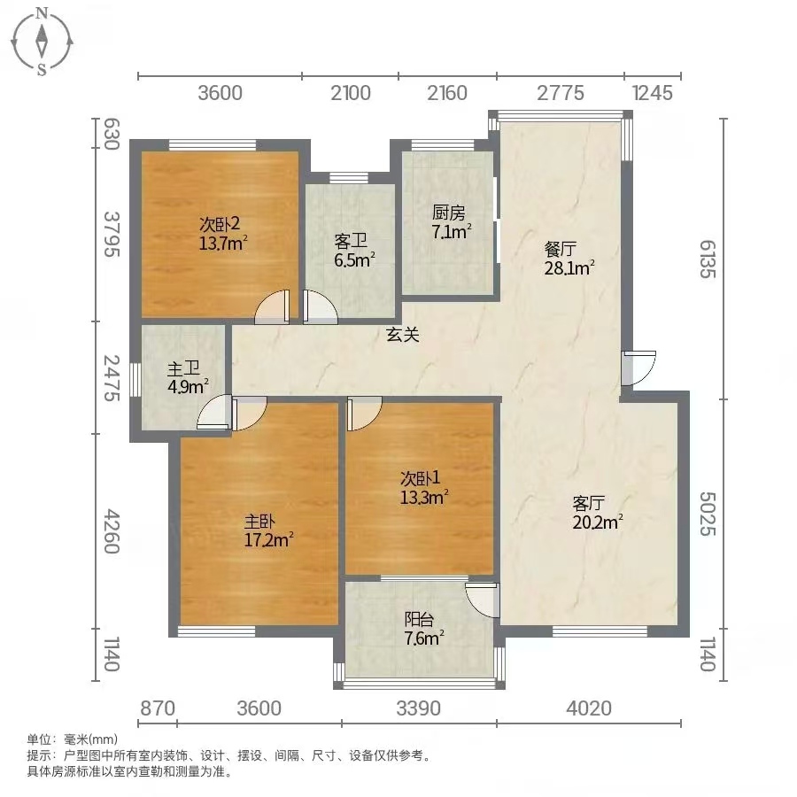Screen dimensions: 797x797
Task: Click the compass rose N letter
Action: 43,13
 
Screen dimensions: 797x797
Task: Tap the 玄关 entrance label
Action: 403,335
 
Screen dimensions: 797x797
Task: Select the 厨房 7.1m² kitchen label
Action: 451,221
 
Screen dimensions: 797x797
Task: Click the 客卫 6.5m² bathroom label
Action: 353,251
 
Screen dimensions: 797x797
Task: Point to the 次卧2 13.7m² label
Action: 222,233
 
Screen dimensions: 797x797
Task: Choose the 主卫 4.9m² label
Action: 187,377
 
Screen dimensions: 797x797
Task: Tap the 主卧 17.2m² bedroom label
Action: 268,530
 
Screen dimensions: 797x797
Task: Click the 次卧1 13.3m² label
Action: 423,487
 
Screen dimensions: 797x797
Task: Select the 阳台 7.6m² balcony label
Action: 423,628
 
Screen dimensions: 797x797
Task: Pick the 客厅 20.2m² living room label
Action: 597,513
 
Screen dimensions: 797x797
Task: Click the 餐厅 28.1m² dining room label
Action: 569,259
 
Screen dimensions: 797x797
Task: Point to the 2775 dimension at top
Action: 561,93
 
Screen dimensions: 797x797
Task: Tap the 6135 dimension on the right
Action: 708,259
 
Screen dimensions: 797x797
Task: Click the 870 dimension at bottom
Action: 158,708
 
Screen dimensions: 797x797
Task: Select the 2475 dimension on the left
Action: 112,377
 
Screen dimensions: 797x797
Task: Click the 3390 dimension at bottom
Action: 418,708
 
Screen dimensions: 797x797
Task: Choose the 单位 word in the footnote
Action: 39,739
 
